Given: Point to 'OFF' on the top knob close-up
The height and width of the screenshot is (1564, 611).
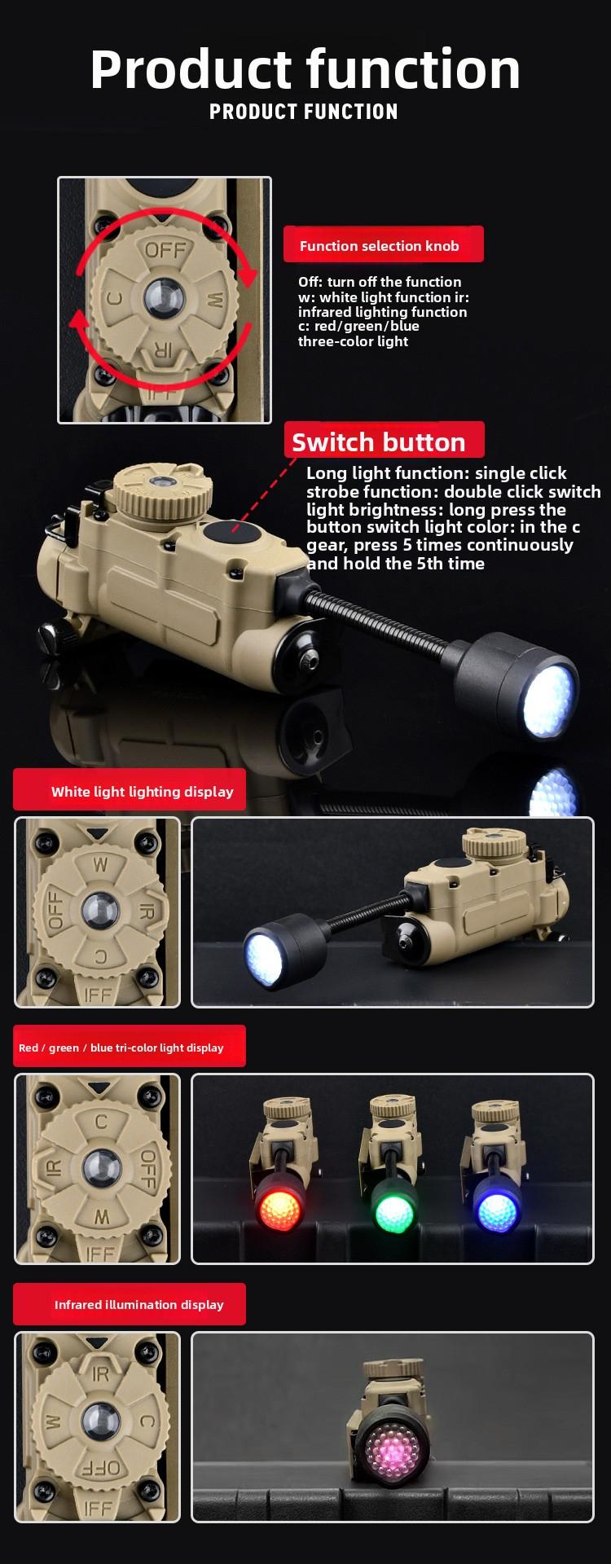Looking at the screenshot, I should tap(165, 249).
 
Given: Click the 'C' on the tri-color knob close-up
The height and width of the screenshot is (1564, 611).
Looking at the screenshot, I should tap(101, 1122).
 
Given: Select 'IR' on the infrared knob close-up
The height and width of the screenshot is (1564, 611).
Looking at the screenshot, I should tap(101, 1374).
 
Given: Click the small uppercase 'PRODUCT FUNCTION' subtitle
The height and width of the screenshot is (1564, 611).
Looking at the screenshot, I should tap(304, 112).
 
